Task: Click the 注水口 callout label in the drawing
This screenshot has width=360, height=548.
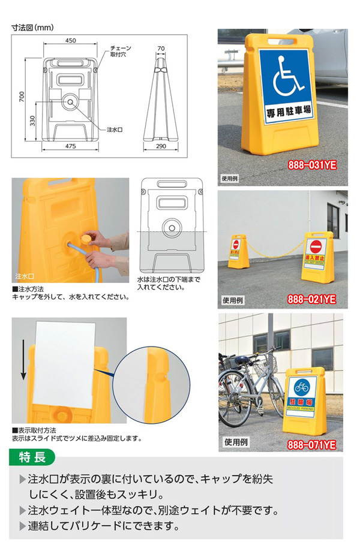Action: (x=115, y=129)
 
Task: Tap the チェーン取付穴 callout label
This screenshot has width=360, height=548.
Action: (x=121, y=52)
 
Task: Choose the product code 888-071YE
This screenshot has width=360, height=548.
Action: (x=313, y=444)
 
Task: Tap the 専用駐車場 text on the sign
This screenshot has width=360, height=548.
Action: (x=290, y=110)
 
